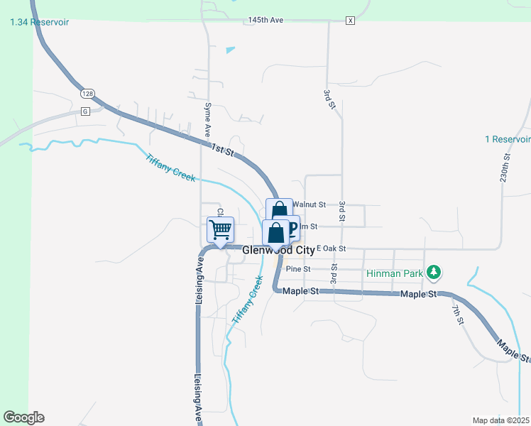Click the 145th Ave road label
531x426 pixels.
(265, 21)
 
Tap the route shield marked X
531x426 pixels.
(349, 21)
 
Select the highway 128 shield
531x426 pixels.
(87, 94)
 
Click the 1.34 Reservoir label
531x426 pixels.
(40, 23)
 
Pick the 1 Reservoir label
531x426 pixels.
(508, 139)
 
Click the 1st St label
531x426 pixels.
(221, 147)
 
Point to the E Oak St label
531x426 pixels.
(331, 248)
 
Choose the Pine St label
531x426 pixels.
(298, 269)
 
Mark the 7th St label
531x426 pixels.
(459, 317)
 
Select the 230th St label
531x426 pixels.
(505, 170)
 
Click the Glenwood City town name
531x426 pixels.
(278, 251)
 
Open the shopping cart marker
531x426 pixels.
(221, 230)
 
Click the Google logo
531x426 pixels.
(23, 417)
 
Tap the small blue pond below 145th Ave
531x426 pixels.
(229, 50)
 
